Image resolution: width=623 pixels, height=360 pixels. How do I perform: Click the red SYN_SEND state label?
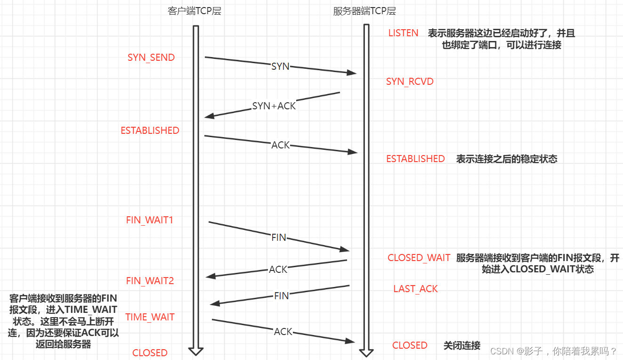tap(151, 57)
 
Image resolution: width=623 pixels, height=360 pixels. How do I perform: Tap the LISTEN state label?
tap(403, 33)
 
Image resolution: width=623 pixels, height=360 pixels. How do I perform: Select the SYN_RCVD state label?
tap(410, 82)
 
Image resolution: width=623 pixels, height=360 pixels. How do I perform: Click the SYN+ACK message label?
tap(274, 106)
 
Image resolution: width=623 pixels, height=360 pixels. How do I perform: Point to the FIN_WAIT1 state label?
tap(150, 220)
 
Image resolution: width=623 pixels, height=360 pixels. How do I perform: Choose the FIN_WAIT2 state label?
tap(150, 281)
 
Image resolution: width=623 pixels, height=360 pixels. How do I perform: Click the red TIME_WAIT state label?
tap(150, 317)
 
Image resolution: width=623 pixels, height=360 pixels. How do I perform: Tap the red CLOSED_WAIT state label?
tap(419, 258)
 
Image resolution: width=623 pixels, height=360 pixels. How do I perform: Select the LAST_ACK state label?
tap(415, 288)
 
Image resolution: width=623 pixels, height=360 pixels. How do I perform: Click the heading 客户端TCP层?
tap(194, 11)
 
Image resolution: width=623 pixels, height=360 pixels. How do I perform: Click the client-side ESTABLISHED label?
tap(150, 131)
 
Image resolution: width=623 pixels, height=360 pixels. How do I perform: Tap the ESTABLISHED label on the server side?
tap(415, 159)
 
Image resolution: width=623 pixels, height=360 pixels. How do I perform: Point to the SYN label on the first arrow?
tap(280, 66)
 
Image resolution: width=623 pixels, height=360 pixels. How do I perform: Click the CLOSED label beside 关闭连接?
tap(410, 345)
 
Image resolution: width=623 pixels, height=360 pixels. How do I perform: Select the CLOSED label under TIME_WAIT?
tap(150, 353)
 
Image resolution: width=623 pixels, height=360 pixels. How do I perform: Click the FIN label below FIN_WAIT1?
tap(279, 237)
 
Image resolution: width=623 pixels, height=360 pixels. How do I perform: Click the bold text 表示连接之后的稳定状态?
tap(507, 159)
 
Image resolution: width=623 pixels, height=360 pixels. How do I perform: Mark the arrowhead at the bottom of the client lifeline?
tap(196, 351)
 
